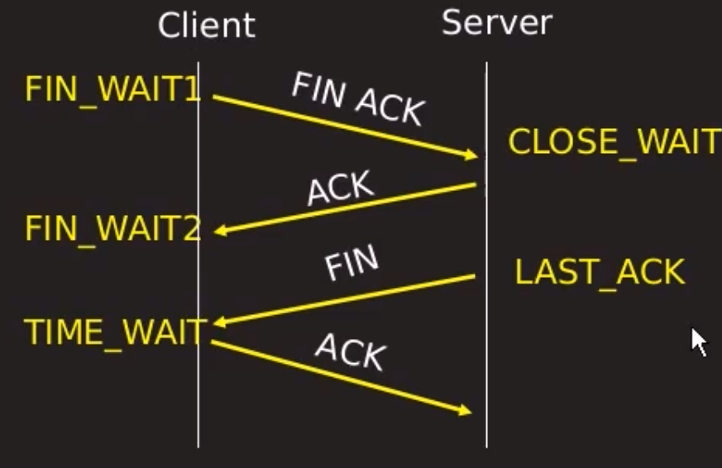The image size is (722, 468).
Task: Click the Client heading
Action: coord(206,26)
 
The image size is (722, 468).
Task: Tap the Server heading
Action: coord(495,22)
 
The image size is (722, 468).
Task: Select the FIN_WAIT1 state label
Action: coord(112,89)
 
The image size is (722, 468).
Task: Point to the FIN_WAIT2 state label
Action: coord(112,229)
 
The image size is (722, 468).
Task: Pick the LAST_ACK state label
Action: coord(600,272)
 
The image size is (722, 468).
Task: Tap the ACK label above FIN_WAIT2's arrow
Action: coord(340,189)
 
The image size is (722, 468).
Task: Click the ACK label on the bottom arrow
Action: coord(350,352)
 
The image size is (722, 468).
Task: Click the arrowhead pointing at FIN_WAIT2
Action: coord(219,232)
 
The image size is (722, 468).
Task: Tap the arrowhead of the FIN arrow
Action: coord(219,322)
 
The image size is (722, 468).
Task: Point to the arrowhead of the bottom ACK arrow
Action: coord(466,410)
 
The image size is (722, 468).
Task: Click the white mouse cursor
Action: coord(699,341)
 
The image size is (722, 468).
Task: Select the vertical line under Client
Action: coord(198,397)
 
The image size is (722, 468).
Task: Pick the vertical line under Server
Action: coord(486,347)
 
